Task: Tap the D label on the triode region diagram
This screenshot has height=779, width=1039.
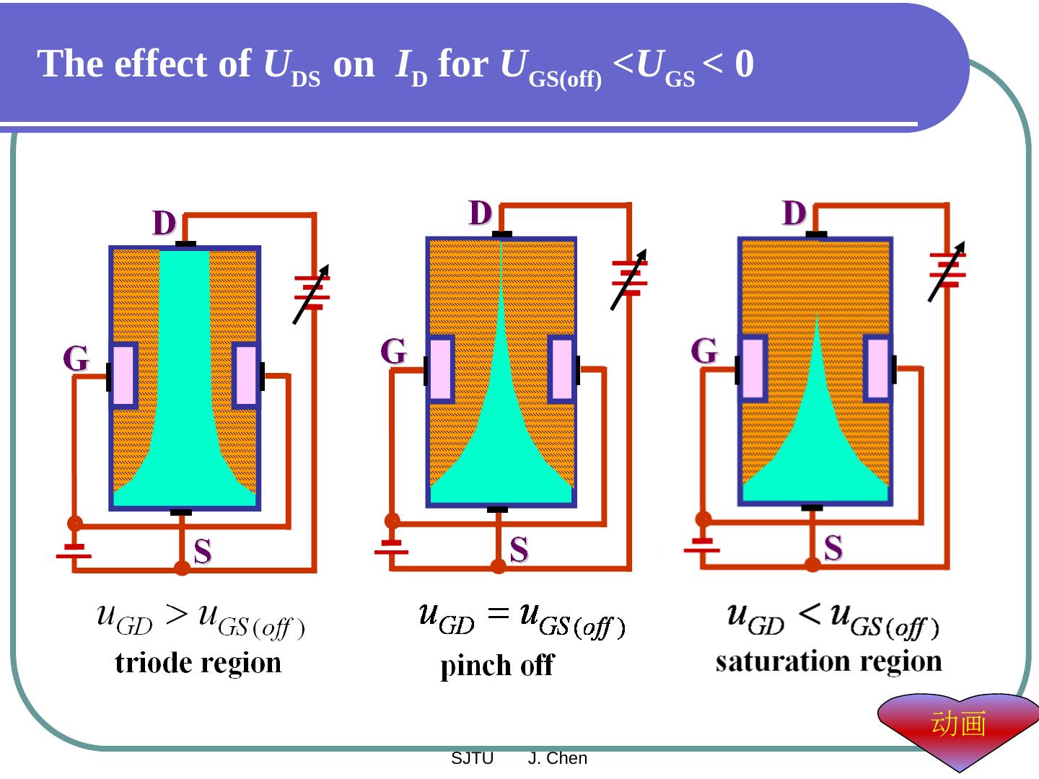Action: pos(165,224)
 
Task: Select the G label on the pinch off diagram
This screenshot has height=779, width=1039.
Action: pos(394,352)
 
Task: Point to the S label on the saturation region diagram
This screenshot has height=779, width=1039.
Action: pos(833,548)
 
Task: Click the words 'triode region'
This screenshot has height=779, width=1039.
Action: pos(198,663)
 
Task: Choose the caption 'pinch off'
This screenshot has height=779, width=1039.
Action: pos(497,665)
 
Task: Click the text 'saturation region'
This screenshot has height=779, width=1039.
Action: pos(828,661)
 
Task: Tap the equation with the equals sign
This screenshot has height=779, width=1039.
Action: pos(522,620)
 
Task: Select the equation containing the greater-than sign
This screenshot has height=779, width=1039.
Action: pos(201,622)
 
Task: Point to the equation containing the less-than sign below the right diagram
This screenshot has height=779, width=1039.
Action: pos(833,620)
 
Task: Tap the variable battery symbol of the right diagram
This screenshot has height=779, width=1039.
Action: pos(947,270)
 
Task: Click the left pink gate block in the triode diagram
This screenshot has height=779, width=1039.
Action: pos(123,376)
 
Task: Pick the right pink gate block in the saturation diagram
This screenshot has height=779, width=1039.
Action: pos(877,369)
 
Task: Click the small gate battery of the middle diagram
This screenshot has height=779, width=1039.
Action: pos(391,547)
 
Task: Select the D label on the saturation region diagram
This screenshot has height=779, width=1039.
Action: pos(794,214)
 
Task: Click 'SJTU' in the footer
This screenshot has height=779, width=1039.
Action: pos(472,759)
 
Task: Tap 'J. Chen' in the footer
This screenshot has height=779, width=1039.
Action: pos(558,759)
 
